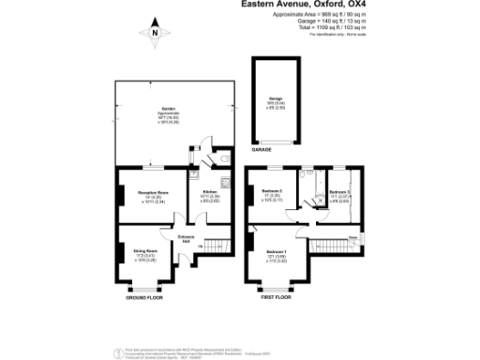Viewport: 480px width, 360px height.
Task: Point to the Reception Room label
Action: pyautogui.click(x=153, y=192)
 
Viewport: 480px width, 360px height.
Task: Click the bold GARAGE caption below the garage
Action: pyautogui.click(x=261, y=149)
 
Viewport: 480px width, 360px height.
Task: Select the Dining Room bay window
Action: pyautogui.click(x=145, y=286)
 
